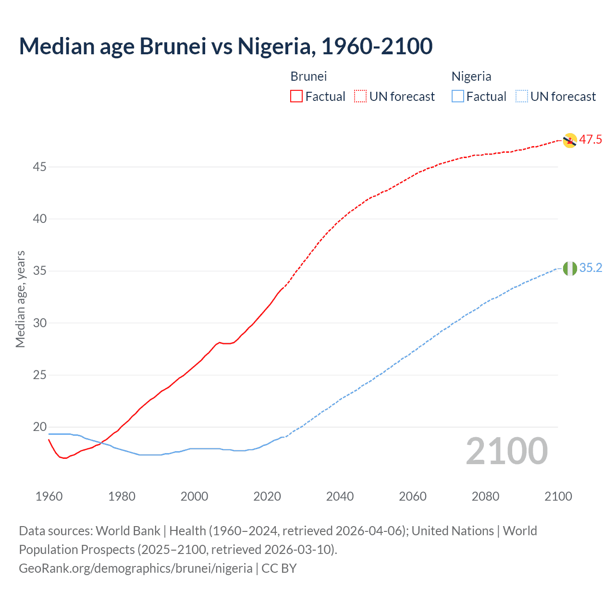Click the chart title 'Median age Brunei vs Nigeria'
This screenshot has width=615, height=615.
click(225, 46)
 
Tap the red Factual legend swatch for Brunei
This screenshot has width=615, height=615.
click(296, 97)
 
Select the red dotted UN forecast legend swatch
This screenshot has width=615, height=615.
click(360, 97)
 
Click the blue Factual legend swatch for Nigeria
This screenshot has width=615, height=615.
click(457, 97)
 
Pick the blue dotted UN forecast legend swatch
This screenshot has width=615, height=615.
click(521, 97)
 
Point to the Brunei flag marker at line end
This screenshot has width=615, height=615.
click(569, 140)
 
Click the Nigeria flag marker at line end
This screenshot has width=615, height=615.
click(570, 269)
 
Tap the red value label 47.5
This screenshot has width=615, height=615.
click(590, 140)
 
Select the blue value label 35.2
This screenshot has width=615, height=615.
click(590, 268)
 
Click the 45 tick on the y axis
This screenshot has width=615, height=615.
click(40, 167)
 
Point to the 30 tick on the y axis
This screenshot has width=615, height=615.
click(40, 323)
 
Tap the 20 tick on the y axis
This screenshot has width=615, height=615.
click(40, 427)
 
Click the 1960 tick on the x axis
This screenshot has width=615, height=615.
click(49, 496)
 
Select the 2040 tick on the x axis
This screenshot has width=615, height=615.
click(340, 496)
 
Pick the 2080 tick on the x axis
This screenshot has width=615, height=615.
click(485, 496)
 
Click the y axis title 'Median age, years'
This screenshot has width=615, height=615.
click(20, 299)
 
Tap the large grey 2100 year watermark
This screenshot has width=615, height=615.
click(506, 451)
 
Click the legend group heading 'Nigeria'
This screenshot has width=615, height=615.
click(471, 76)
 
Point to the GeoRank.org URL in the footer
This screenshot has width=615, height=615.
click(135, 568)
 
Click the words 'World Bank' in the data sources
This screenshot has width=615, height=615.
click(128, 531)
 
